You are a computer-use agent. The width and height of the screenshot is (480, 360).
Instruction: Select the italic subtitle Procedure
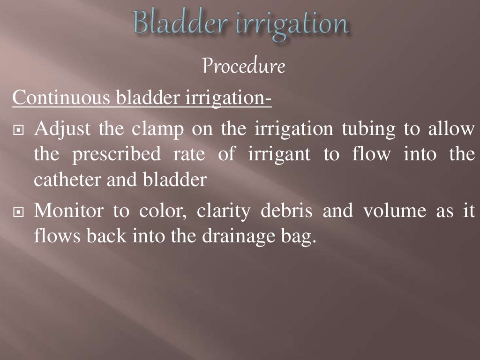click(x=244, y=67)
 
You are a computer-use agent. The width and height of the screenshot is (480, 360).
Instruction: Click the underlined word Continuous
click(x=61, y=98)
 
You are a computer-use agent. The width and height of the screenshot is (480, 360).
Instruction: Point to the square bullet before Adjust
click(x=18, y=130)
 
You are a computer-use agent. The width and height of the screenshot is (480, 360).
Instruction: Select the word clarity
click(x=224, y=212)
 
